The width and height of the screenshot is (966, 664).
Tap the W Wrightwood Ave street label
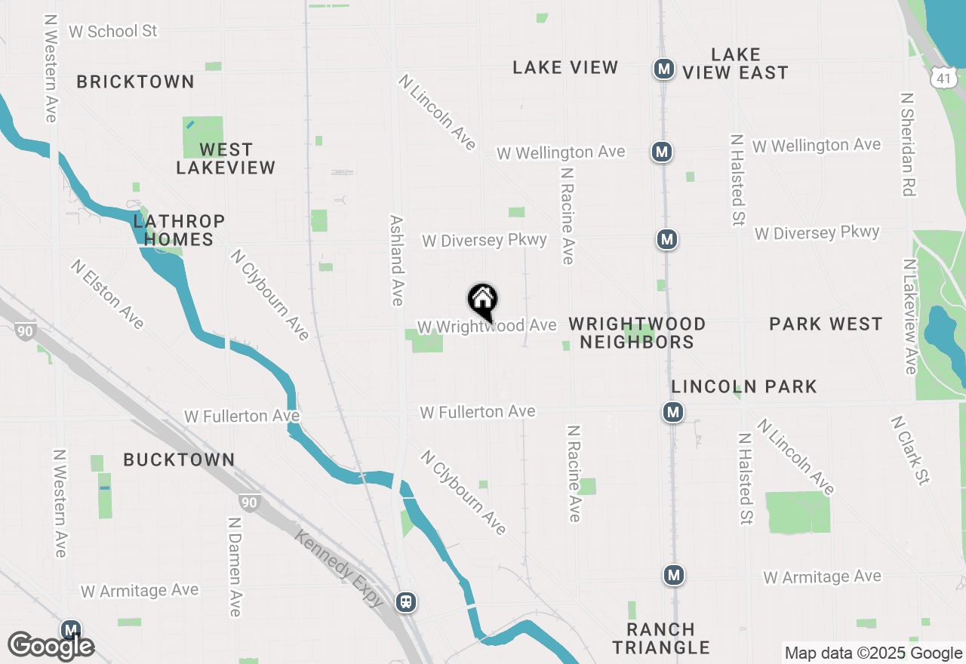[487, 327]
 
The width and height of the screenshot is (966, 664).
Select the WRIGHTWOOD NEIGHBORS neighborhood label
[637, 333]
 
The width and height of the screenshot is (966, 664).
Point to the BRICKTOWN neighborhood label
[135, 81]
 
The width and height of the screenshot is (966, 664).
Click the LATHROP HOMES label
[179, 230]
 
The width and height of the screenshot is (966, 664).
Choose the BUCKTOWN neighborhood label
[179, 460]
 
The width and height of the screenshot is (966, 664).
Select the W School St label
[113, 31]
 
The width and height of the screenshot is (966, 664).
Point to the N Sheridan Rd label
[908, 144]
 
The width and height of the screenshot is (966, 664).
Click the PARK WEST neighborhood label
[826, 324]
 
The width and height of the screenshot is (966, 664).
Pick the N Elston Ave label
[107, 294]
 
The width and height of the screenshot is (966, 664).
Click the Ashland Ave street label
[397, 260]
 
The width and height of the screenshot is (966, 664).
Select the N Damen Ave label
[235, 566]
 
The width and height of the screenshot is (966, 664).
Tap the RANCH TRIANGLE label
[661, 638]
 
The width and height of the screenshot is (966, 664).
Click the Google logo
[51, 646]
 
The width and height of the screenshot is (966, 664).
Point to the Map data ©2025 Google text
[873, 653]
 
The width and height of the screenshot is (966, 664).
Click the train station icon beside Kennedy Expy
[406, 601]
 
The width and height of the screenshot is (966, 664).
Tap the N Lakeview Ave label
[909, 316]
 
